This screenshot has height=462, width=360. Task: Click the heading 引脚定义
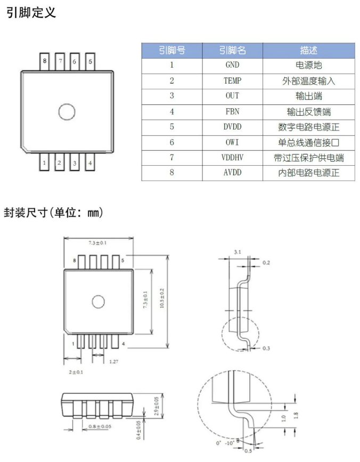[x=31, y=12]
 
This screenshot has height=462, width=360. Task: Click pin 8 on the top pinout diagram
[x=45, y=61]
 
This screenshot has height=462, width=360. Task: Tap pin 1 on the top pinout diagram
[x=45, y=163]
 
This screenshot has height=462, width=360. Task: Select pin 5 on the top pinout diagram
[x=90, y=61]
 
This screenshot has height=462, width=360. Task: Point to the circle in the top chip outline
[x=67, y=112]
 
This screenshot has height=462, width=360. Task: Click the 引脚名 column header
[x=232, y=51]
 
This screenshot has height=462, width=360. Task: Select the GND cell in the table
[x=232, y=66]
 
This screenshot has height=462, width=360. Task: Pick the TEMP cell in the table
[x=232, y=81]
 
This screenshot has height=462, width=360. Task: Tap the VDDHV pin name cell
[x=232, y=158]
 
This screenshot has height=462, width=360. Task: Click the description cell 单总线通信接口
[x=308, y=142]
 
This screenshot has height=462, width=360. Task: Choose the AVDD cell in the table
[x=232, y=173]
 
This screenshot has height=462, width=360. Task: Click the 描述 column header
[x=308, y=51]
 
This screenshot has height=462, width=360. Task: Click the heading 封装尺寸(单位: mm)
[x=54, y=212]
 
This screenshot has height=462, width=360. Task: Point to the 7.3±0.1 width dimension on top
[x=97, y=243]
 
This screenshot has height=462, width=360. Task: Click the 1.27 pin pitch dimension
[x=113, y=362]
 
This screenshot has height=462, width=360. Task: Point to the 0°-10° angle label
[x=223, y=442]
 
